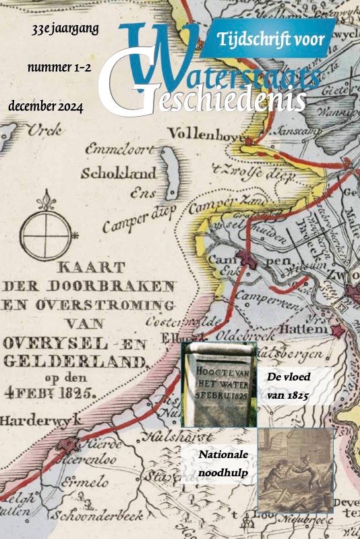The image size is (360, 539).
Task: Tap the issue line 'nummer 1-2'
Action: (x=59, y=68)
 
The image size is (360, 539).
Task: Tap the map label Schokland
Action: (x=119, y=173)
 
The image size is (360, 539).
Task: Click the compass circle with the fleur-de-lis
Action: (x=46, y=233)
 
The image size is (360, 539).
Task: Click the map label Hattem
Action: (x=309, y=329)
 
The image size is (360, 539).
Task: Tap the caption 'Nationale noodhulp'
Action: (x=224, y=464)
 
